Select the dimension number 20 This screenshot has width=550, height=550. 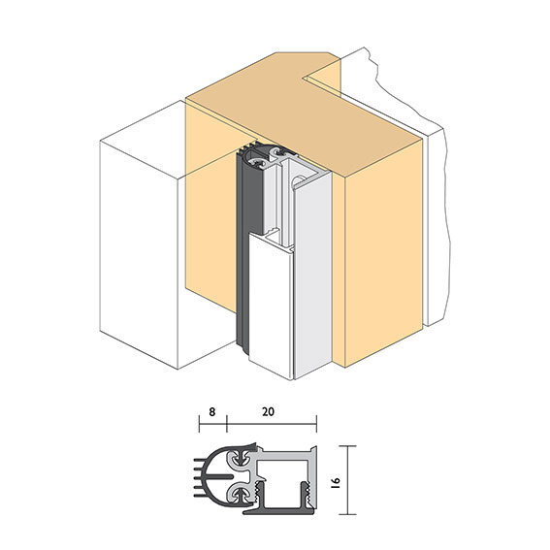click(x=269, y=411)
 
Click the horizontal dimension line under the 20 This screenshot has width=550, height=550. click(x=272, y=425)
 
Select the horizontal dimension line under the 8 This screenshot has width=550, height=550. click(x=212, y=425)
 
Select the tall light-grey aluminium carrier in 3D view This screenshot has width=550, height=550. click(x=315, y=272)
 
